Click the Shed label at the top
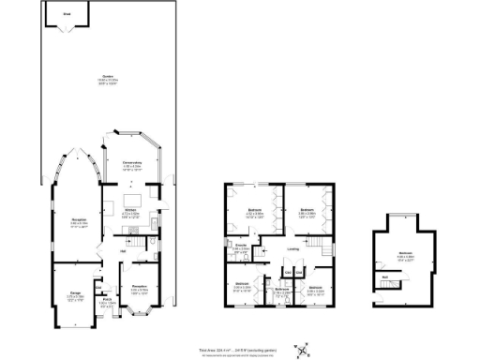tap(66, 15)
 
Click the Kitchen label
tap(131, 210)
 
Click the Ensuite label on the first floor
tap(241, 247)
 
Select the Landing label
tap(293, 248)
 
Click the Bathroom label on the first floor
tap(281, 289)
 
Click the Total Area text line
tap(239, 345)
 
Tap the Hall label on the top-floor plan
tap(386, 277)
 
